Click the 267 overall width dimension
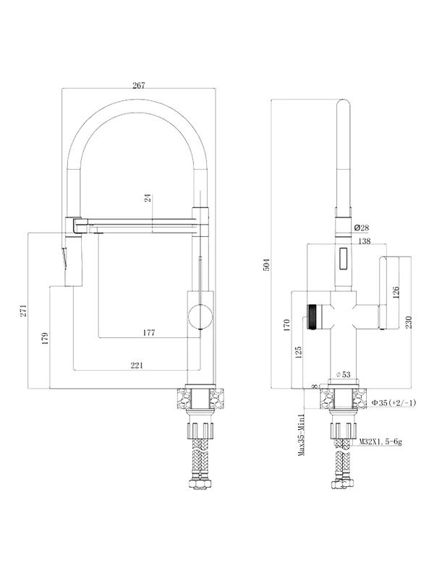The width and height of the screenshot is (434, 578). point(139,85)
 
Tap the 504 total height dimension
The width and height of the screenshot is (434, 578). point(266,264)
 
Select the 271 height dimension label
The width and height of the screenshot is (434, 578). point(24,311)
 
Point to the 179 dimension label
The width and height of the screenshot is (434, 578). point(45,338)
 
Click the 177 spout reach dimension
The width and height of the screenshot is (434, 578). point(149,332)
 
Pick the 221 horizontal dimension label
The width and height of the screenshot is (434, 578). point(137,365)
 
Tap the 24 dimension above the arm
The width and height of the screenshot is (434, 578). point(148,198)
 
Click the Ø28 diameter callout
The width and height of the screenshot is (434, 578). point(361,228)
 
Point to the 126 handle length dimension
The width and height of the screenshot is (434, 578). point(396,293)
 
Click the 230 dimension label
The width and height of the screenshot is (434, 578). point(408,322)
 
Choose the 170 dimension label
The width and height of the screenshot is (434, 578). point(286,326)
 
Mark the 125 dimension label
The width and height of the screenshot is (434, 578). point(299,352)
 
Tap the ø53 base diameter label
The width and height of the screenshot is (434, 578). point(343,374)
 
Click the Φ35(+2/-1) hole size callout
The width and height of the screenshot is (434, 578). point(393,403)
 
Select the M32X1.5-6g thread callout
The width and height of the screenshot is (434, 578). point(380,441)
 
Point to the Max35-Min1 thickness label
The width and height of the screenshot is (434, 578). point(302,435)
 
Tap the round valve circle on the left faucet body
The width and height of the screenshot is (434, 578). point(200,316)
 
